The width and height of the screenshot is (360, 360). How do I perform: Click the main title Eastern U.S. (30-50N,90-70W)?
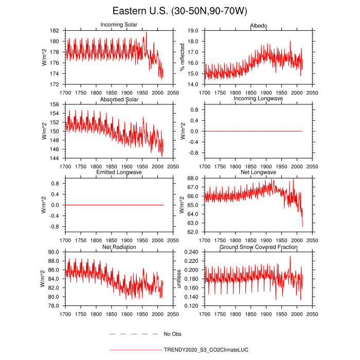pyautogui.click(x=180, y=11)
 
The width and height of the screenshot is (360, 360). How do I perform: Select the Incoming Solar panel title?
pyautogui.click(x=119, y=25)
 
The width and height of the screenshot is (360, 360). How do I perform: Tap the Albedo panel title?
pyautogui.click(x=258, y=25)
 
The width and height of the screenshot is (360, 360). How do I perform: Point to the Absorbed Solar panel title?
pyautogui.click(x=119, y=99)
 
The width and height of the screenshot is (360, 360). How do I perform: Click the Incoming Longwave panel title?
pyautogui.click(x=258, y=99)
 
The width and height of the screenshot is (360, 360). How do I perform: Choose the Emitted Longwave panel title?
pyautogui.click(x=119, y=172)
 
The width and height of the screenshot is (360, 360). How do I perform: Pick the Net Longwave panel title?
pyautogui.click(x=258, y=172)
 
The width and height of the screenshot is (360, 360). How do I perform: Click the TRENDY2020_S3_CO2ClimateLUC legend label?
pyautogui.click(x=207, y=350)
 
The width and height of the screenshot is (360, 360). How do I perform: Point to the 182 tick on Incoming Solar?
pyautogui.click(x=56, y=31)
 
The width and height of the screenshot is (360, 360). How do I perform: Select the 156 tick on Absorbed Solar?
pyautogui.click(x=56, y=104)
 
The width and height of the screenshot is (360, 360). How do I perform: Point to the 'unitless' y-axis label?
pyautogui.click(x=179, y=279)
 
